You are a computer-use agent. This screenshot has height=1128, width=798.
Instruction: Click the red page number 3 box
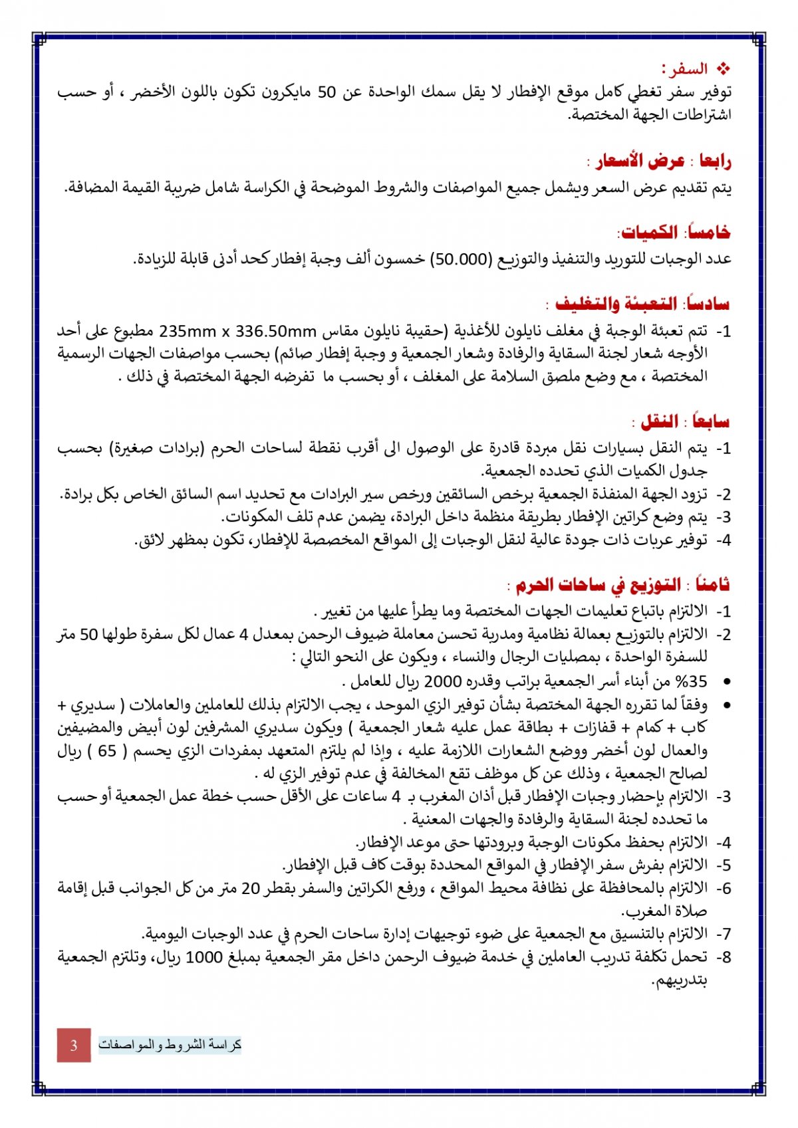click(x=73, y=1044)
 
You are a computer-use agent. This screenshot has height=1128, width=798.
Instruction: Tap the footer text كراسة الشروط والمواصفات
click(x=170, y=1044)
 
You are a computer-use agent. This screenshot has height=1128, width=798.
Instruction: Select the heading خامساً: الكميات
click(x=674, y=232)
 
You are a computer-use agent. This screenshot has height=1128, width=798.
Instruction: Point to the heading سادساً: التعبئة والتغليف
click(x=642, y=304)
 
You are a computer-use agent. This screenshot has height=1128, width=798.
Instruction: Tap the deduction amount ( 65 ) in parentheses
click(x=106, y=750)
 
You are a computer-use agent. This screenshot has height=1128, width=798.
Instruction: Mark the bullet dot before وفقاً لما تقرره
click(x=726, y=705)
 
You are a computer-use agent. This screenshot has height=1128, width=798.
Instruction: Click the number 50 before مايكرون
click(x=327, y=92)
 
